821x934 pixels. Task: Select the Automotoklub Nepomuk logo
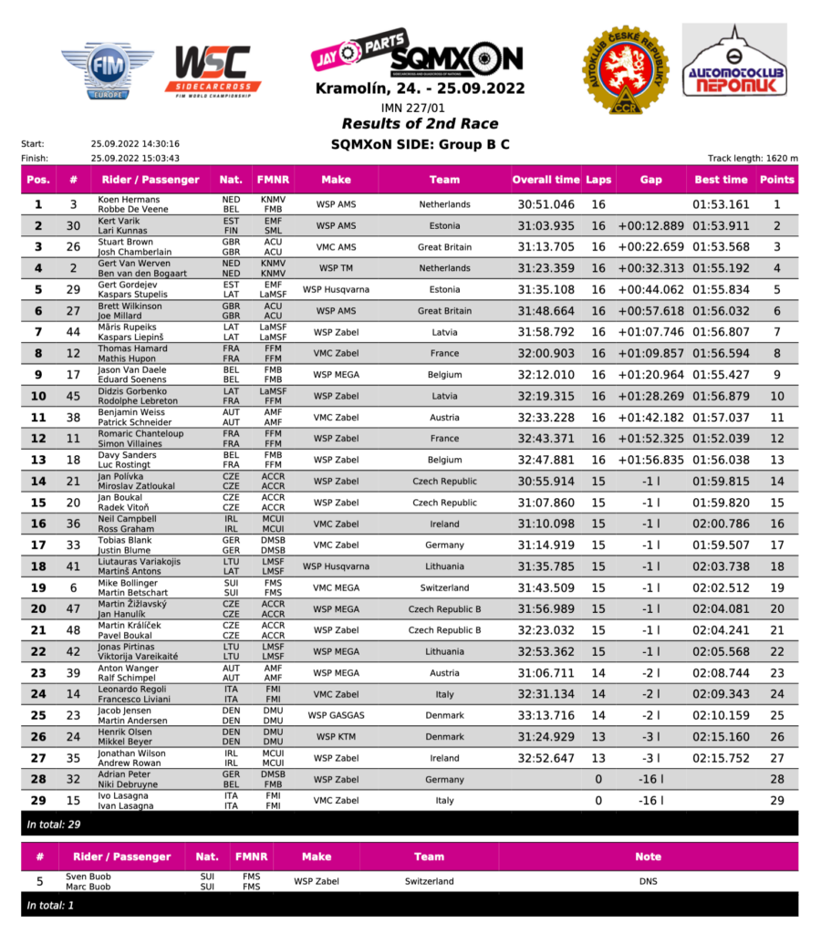pyautogui.click(x=734, y=65)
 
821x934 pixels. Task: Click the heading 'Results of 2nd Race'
pyautogui.click(x=420, y=124)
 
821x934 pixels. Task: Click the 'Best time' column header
pyautogui.click(x=721, y=180)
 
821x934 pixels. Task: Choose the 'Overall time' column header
pyautogui.click(x=546, y=180)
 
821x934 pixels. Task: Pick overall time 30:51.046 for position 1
pyautogui.click(x=546, y=205)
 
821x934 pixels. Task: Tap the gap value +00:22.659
pyautogui.click(x=650, y=247)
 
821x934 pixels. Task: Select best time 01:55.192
pyautogui.click(x=721, y=269)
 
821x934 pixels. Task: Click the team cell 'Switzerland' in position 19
pyautogui.click(x=445, y=588)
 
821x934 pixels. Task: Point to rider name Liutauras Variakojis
pyautogui.click(x=140, y=562)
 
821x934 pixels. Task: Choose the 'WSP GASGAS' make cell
pyautogui.click(x=336, y=716)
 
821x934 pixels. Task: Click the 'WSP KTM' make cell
pyautogui.click(x=336, y=737)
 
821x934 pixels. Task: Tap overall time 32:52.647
pyautogui.click(x=546, y=759)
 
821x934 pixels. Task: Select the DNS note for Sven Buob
pyautogui.click(x=649, y=882)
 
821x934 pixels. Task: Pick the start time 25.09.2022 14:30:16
pyautogui.click(x=135, y=143)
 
